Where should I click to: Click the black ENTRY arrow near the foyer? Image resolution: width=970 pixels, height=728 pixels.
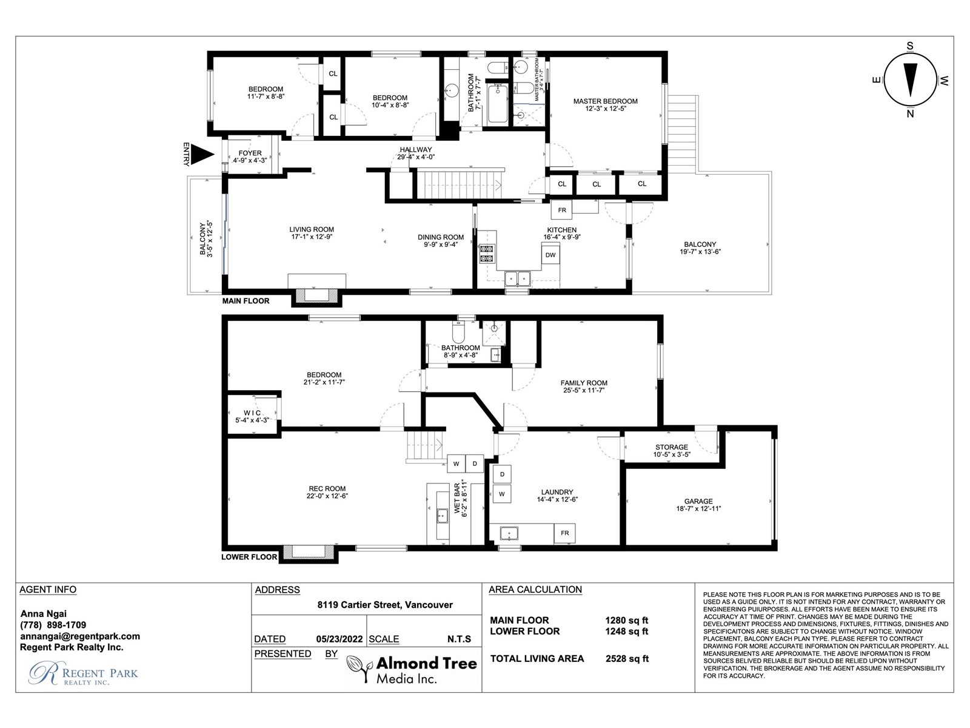(202, 154)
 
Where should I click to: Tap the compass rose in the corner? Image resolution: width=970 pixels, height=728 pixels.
(910, 80)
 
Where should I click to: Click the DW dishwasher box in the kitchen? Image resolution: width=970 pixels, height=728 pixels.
(550, 255)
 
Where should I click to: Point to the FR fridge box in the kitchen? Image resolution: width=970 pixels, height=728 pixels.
(561, 210)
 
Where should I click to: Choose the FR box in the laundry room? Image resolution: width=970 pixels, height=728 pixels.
(565, 533)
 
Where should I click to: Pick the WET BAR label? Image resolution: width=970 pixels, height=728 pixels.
(457, 499)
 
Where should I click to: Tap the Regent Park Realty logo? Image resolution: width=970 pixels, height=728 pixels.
(84, 673)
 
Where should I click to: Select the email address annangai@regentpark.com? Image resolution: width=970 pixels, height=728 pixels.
(80, 636)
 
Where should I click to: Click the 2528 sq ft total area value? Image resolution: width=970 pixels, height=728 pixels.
(627, 659)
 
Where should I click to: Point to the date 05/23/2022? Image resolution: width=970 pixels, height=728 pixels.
(339, 639)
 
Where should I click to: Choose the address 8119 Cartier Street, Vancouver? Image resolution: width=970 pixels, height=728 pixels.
(385, 605)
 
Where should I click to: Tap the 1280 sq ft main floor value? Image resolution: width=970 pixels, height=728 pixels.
(627, 621)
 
